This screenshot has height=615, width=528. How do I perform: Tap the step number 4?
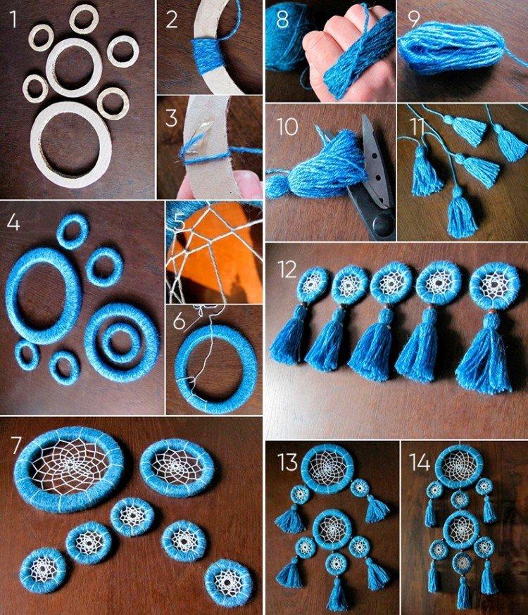coord(13,223)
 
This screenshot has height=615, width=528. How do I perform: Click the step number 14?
coord(420,462)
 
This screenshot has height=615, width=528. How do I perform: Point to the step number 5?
coord(178,224)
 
